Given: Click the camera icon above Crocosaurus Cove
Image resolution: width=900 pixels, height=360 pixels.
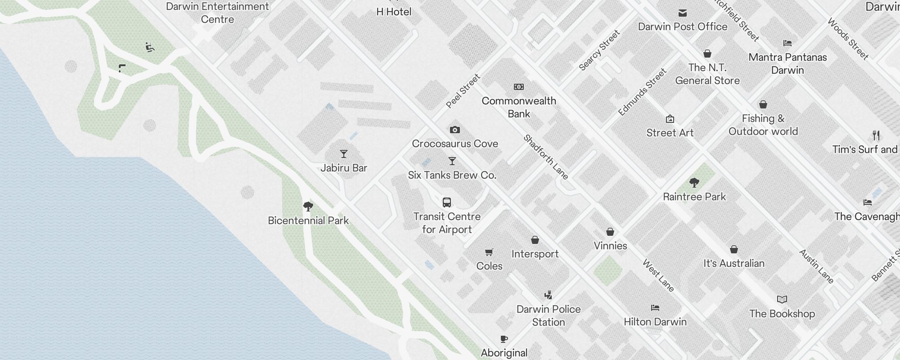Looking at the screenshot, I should [x=455, y=130].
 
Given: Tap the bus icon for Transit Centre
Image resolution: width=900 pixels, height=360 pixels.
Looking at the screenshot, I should [x=447, y=202].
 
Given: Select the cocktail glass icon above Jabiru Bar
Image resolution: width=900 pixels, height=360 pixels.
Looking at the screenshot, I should [x=344, y=154].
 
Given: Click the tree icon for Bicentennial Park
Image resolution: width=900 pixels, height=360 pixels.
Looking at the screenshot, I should [x=308, y=207].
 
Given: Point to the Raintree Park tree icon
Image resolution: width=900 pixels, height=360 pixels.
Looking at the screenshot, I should [x=694, y=183].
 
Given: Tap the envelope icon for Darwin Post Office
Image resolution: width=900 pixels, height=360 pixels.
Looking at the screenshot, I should [x=683, y=13].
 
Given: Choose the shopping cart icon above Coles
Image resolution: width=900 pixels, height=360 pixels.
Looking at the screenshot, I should [x=489, y=252].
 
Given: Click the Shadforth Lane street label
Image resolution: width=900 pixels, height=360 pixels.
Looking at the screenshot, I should [x=546, y=157].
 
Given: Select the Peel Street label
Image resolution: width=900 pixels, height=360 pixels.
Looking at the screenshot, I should [x=463, y=91].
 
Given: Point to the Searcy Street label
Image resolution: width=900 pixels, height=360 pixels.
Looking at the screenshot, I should [x=599, y=50].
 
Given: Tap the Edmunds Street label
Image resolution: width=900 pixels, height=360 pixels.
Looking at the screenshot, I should [x=642, y=92].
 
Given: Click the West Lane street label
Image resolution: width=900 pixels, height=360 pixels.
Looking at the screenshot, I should [x=658, y=275].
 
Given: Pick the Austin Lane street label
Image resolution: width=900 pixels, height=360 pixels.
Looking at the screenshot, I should [x=816, y=266].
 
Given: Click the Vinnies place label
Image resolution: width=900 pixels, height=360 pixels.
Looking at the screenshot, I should [x=610, y=246].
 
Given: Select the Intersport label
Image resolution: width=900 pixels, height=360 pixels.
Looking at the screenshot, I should [x=535, y=254].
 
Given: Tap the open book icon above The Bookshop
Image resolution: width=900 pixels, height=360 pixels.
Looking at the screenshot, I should [x=782, y=300].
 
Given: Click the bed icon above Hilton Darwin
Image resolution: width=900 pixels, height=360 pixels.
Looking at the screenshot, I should [x=655, y=308].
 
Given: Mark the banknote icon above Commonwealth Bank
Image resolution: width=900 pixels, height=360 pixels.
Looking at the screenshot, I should [x=519, y=87].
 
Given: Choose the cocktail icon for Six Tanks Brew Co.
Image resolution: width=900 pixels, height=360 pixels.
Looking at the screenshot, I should [x=452, y=161].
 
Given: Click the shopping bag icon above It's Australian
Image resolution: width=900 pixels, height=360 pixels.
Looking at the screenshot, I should [x=734, y=249].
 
